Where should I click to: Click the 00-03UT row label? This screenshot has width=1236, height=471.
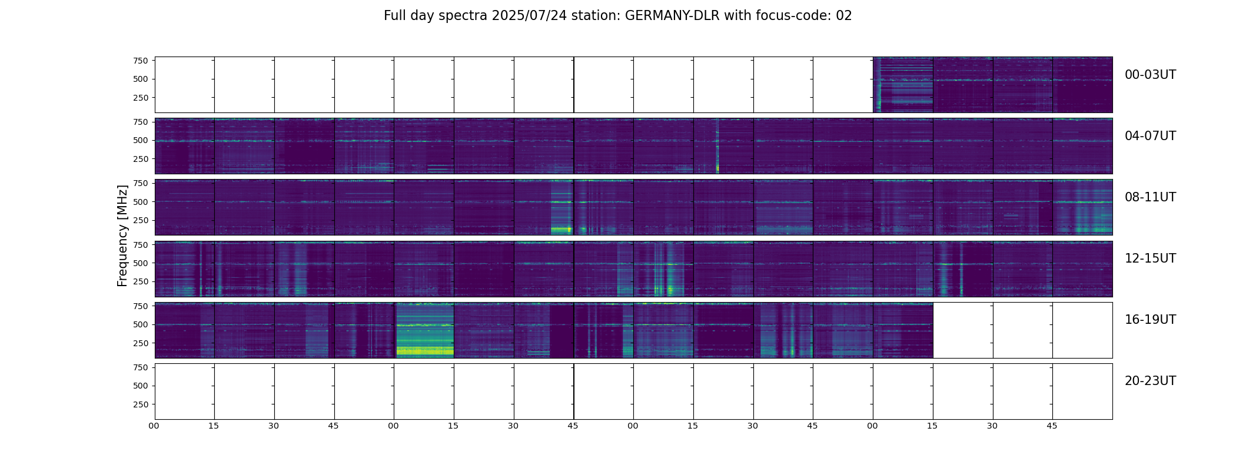[x=1149, y=75]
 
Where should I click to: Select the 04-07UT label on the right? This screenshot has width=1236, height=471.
[x=1149, y=136]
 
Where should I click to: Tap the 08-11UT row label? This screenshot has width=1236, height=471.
[x=1149, y=197]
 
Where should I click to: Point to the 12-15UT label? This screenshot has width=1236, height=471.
[x=1149, y=258]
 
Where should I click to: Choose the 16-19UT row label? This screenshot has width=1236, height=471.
[x=1149, y=320]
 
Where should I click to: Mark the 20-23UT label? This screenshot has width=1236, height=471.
[x=1149, y=381]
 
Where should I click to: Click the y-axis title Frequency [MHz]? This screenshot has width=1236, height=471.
[x=122, y=235]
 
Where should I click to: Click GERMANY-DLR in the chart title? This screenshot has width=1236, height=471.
[x=672, y=16]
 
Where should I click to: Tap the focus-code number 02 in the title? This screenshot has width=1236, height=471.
[x=843, y=16]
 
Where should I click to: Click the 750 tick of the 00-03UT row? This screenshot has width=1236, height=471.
[x=140, y=61]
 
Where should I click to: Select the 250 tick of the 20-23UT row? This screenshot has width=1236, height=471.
[x=140, y=404]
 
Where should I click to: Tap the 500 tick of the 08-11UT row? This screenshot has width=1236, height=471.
[x=140, y=202]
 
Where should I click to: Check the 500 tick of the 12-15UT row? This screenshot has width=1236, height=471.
[x=140, y=263]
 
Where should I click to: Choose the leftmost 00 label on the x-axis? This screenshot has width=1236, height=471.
[x=154, y=426]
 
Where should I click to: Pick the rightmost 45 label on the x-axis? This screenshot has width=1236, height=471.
[x=1052, y=426]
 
